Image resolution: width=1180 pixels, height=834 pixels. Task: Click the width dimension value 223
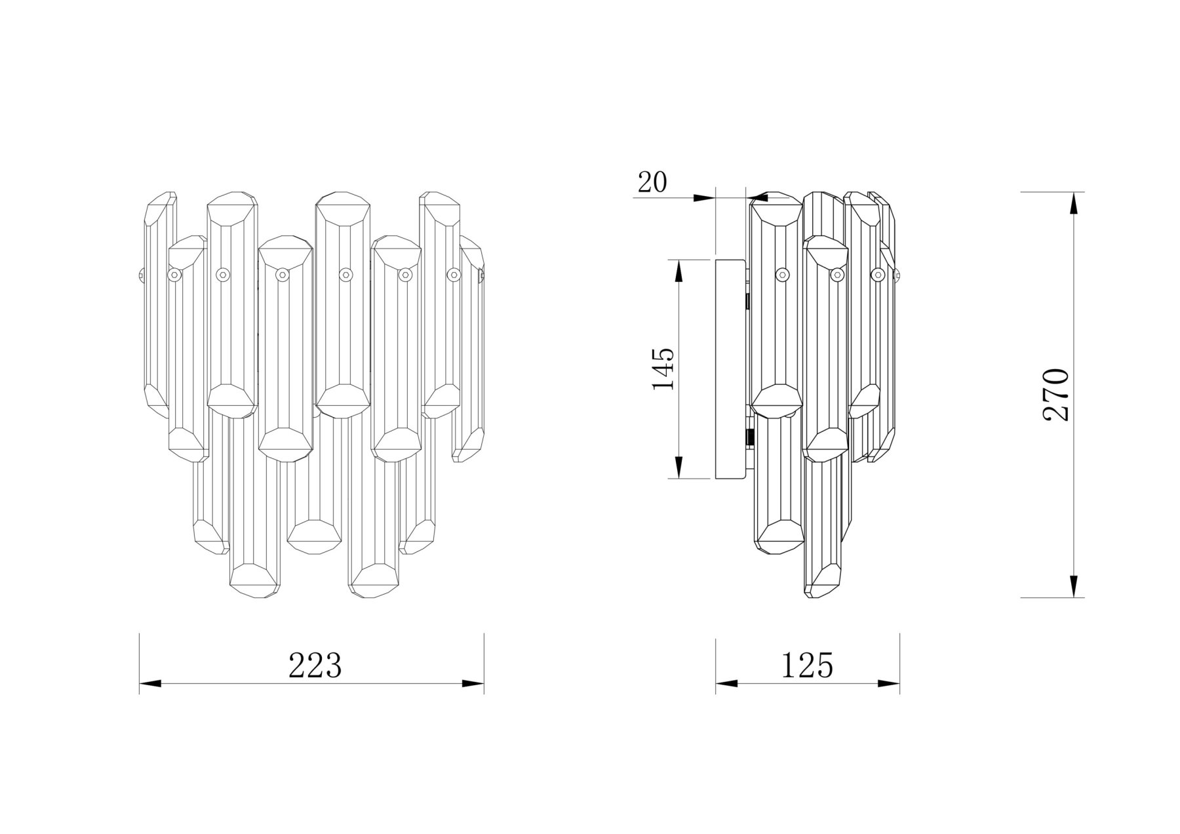click(316, 666)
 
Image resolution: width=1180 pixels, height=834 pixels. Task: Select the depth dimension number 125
click(806, 665)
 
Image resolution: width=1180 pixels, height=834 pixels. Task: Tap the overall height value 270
click(1056, 394)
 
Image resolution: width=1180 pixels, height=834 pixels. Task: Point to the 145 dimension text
click(663, 369)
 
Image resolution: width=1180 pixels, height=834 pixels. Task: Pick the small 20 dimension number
click(652, 182)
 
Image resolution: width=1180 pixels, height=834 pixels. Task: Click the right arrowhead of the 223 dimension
click(473, 684)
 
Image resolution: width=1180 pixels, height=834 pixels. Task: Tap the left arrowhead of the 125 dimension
click(726, 684)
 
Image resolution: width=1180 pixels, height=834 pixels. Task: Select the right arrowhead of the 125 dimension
click(889, 684)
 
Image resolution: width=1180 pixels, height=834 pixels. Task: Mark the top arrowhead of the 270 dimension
click(1073, 203)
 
